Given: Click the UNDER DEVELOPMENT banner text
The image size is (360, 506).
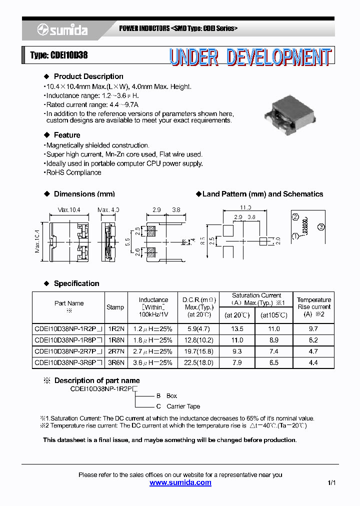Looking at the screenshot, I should click(x=249, y=57).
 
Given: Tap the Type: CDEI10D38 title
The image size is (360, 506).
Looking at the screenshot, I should click(x=59, y=55).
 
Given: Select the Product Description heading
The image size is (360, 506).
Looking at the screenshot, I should click(x=88, y=76).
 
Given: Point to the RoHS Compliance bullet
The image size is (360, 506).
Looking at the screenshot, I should click(x=73, y=172).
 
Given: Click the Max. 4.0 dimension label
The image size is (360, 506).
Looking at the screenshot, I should click(x=108, y=209).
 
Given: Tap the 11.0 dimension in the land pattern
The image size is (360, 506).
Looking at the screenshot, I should click(x=245, y=207).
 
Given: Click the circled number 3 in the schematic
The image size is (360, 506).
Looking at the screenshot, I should click(x=321, y=227).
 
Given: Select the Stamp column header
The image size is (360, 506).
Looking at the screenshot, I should click(x=115, y=307).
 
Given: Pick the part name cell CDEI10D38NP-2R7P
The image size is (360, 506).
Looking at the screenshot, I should click(x=68, y=351).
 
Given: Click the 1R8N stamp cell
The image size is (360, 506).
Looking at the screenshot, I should click(x=115, y=340).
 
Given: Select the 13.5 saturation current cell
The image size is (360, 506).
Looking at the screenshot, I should click(x=237, y=329).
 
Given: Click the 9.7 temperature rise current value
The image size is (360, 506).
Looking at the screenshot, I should click(x=313, y=329).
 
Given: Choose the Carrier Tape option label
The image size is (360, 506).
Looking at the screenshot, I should click(x=183, y=406).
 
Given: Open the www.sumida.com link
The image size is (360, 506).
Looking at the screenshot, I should click(x=180, y=482).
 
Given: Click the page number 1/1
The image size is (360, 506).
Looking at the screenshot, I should click(x=332, y=483).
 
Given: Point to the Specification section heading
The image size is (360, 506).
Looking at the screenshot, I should click(x=76, y=283).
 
